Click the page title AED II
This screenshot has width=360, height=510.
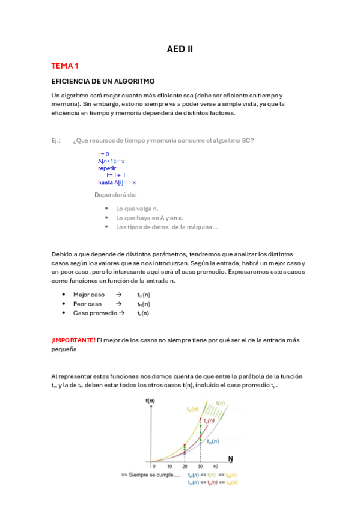(180, 49)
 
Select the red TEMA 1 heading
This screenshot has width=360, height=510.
(65, 66)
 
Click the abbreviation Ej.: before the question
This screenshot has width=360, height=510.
(56, 141)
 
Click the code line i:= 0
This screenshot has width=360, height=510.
(103, 155)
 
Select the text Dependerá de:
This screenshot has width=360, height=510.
(115, 195)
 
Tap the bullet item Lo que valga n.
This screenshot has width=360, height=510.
(138, 208)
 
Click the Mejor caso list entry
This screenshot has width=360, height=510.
(89, 295)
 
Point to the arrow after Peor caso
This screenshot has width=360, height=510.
(118, 304)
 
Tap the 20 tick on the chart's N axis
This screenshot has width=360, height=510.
(184, 465)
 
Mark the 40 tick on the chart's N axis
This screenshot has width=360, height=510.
(215, 465)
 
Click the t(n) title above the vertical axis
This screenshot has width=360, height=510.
(151, 401)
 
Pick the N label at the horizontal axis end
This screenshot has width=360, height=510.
(230, 459)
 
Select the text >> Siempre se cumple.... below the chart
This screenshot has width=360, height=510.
(151, 475)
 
